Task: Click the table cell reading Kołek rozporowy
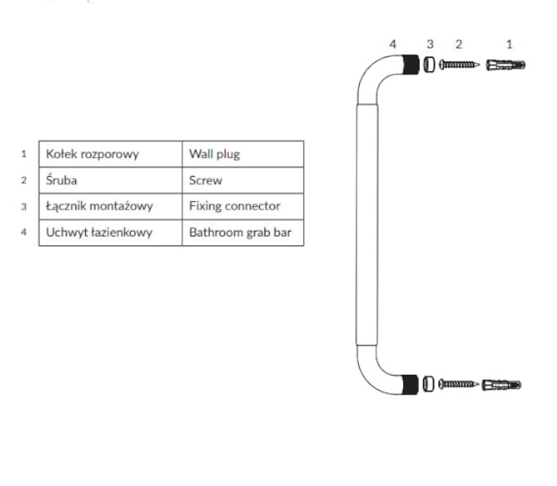tap(92, 154)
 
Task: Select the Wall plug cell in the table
tap(214, 154)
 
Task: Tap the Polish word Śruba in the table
tap(61, 180)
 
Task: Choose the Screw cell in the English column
tap(205, 180)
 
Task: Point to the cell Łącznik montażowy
tap(99, 206)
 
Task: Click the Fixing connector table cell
tap(235, 206)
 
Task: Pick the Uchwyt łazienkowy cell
tap(99, 232)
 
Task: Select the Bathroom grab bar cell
tap(240, 232)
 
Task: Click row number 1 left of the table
tap(25, 154)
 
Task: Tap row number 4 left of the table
tap(25, 232)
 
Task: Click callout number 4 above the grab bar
tap(393, 44)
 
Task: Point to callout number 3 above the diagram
tap(429, 44)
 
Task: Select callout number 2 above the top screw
tap(458, 44)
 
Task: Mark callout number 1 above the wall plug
tap(510, 44)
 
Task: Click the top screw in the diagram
tap(459, 65)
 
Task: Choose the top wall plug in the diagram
tap(504, 65)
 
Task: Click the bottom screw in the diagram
tap(458, 384)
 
